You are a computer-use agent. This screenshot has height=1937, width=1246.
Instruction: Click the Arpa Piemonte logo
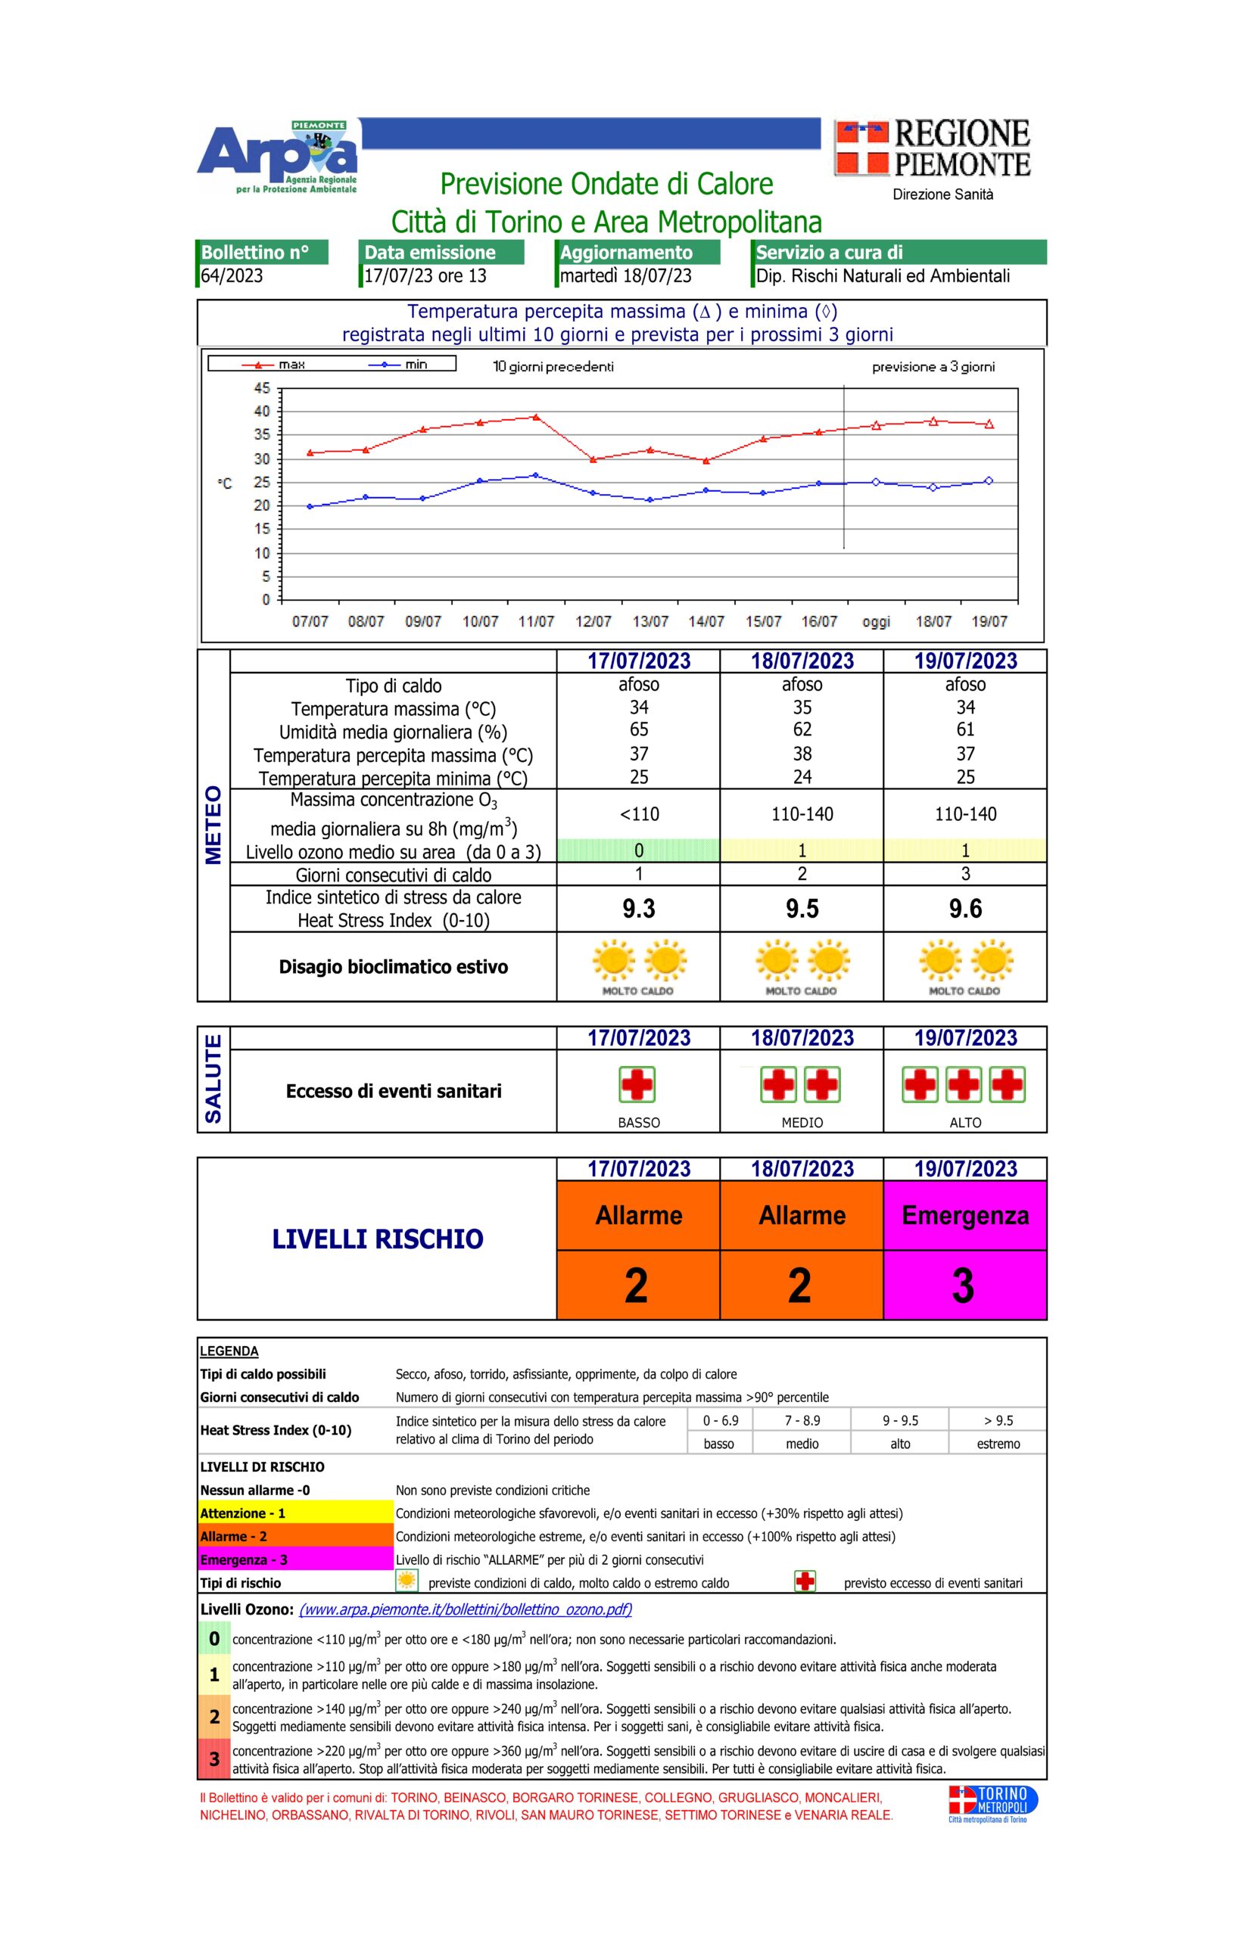click(277, 157)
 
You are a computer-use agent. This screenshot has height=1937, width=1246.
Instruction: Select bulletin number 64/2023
click(232, 275)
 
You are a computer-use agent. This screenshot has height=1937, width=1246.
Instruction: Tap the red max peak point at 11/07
click(536, 418)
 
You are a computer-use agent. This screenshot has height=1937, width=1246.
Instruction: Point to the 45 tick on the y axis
click(261, 388)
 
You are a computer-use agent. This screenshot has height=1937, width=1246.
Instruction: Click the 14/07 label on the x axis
click(706, 621)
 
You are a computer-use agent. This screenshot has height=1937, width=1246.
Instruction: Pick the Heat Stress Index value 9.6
click(964, 908)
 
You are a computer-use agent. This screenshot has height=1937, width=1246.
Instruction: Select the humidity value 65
click(638, 729)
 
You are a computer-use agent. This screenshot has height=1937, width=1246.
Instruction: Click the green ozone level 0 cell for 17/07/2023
click(638, 850)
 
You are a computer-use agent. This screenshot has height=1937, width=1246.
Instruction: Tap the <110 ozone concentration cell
click(638, 813)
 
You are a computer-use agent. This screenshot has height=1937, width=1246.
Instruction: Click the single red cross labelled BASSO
click(637, 1084)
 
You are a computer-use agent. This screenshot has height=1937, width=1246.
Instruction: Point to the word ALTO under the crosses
click(965, 1123)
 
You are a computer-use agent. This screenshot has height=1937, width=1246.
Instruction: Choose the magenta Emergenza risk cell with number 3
click(964, 1249)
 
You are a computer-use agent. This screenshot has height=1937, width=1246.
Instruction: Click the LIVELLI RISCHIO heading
click(377, 1239)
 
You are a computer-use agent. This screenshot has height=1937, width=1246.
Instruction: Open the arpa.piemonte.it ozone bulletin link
click(466, 1609)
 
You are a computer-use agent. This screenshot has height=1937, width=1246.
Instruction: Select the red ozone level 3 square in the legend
click(214, 1759)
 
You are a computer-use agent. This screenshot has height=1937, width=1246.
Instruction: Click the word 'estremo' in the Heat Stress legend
click(998, 1444)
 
